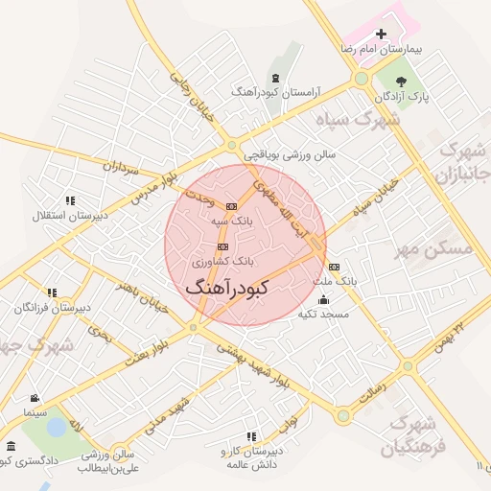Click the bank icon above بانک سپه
click(x=231, y=206)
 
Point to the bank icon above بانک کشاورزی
click(x=222, y=246)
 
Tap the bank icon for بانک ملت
click(x=334, y=267)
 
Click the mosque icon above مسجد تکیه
click(x=322, y=299)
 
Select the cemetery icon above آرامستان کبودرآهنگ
click(x=276, y=77)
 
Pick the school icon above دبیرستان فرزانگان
click(x=52, y=292)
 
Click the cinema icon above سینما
click(x=35, y=398)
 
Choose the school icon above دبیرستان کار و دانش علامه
click(x=252, y=436)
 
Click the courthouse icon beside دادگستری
click(x=11, y=447)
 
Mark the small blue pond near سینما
click(x=57, y=426)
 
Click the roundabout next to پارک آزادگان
click(x=362, y=78)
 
